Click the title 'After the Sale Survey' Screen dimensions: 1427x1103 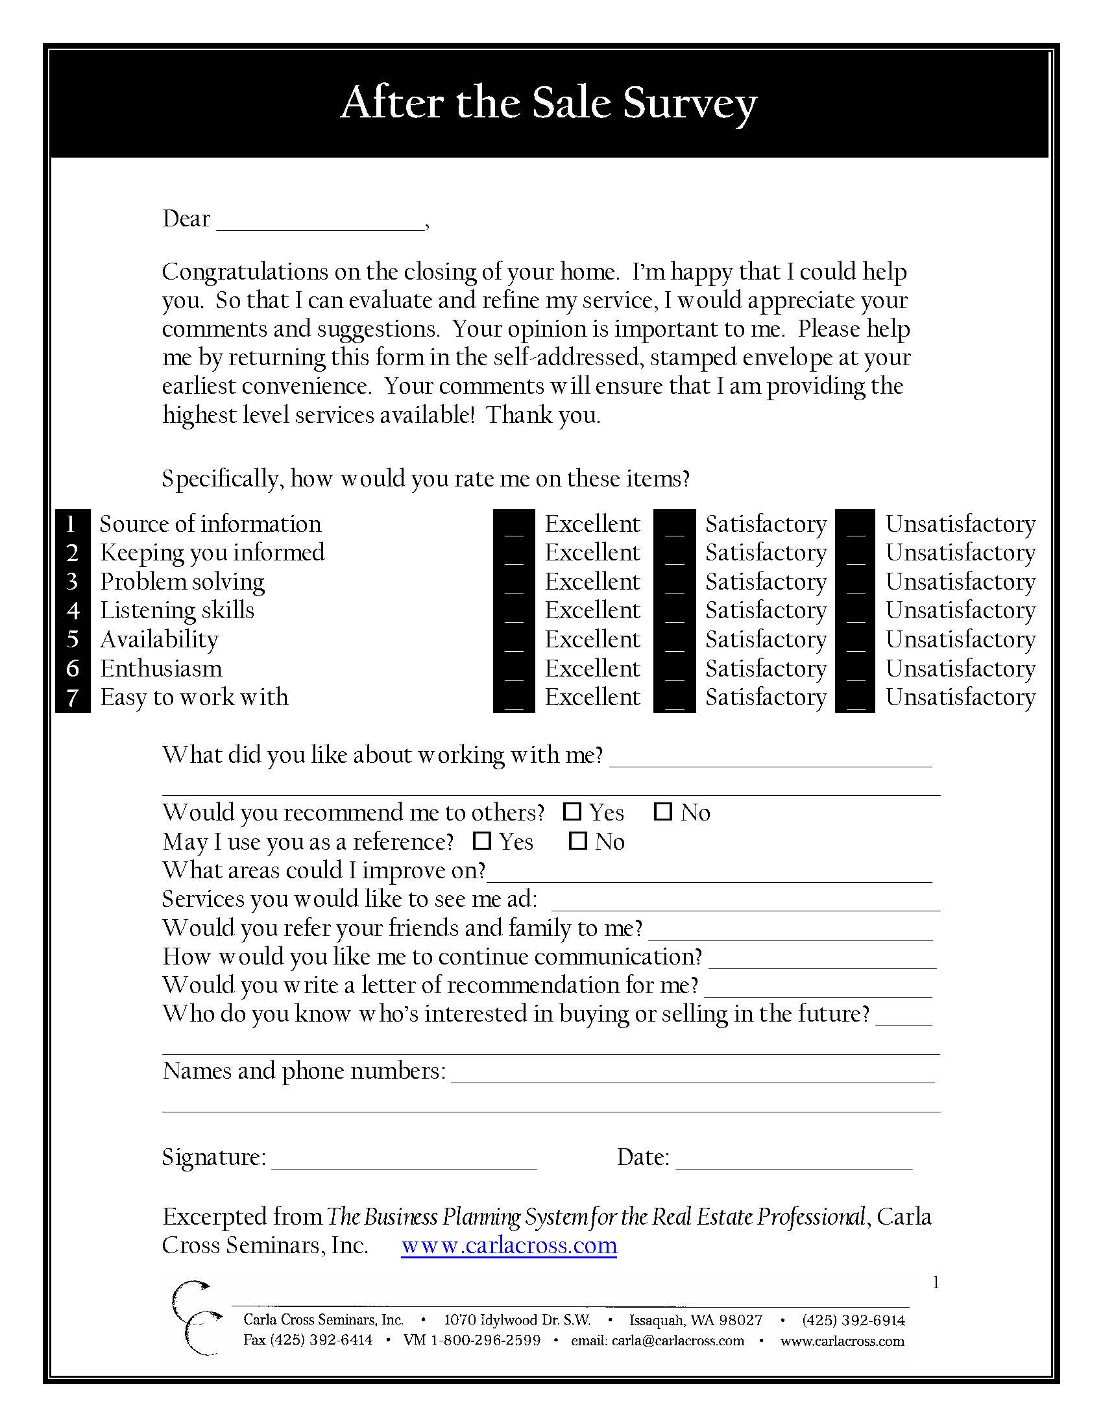[x=549, y=102]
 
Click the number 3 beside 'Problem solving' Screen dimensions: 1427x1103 [x=73, y=582]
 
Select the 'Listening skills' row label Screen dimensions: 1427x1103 [x=177, y=610]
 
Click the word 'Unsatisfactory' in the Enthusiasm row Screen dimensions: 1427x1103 [x=960, y=668]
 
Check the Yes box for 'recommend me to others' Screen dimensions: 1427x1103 [x=572, y=811]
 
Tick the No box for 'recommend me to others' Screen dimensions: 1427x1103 [x=663, y=811]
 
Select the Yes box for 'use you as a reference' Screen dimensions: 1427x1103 [x=481, y=841]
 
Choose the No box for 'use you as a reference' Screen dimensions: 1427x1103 [x=577, y=841]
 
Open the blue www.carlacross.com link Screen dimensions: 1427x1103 [x=509, y=1245]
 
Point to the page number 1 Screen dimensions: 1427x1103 [x=936, y=1282]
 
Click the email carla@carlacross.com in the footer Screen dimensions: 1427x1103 [x=657, y=1341]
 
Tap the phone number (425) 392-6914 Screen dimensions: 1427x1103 [x=853, y=1320]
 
